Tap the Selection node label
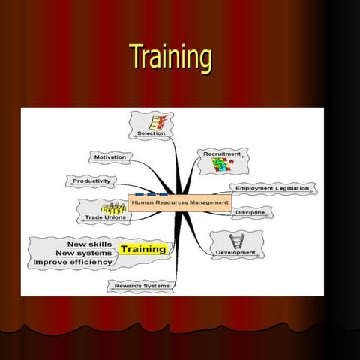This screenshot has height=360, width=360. (151, 133)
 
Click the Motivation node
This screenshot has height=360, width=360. (110, 157)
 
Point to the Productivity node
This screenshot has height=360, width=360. (91, 181)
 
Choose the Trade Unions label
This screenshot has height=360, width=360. (106, 217)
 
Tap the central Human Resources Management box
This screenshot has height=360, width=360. (180, 202)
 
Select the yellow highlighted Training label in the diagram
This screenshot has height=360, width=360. (143, 248)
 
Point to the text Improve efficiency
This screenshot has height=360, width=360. (73, 262)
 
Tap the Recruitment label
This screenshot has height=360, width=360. (222, 154)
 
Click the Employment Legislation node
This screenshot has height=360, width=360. (271, 188)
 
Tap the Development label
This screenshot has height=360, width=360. (235, 253)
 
